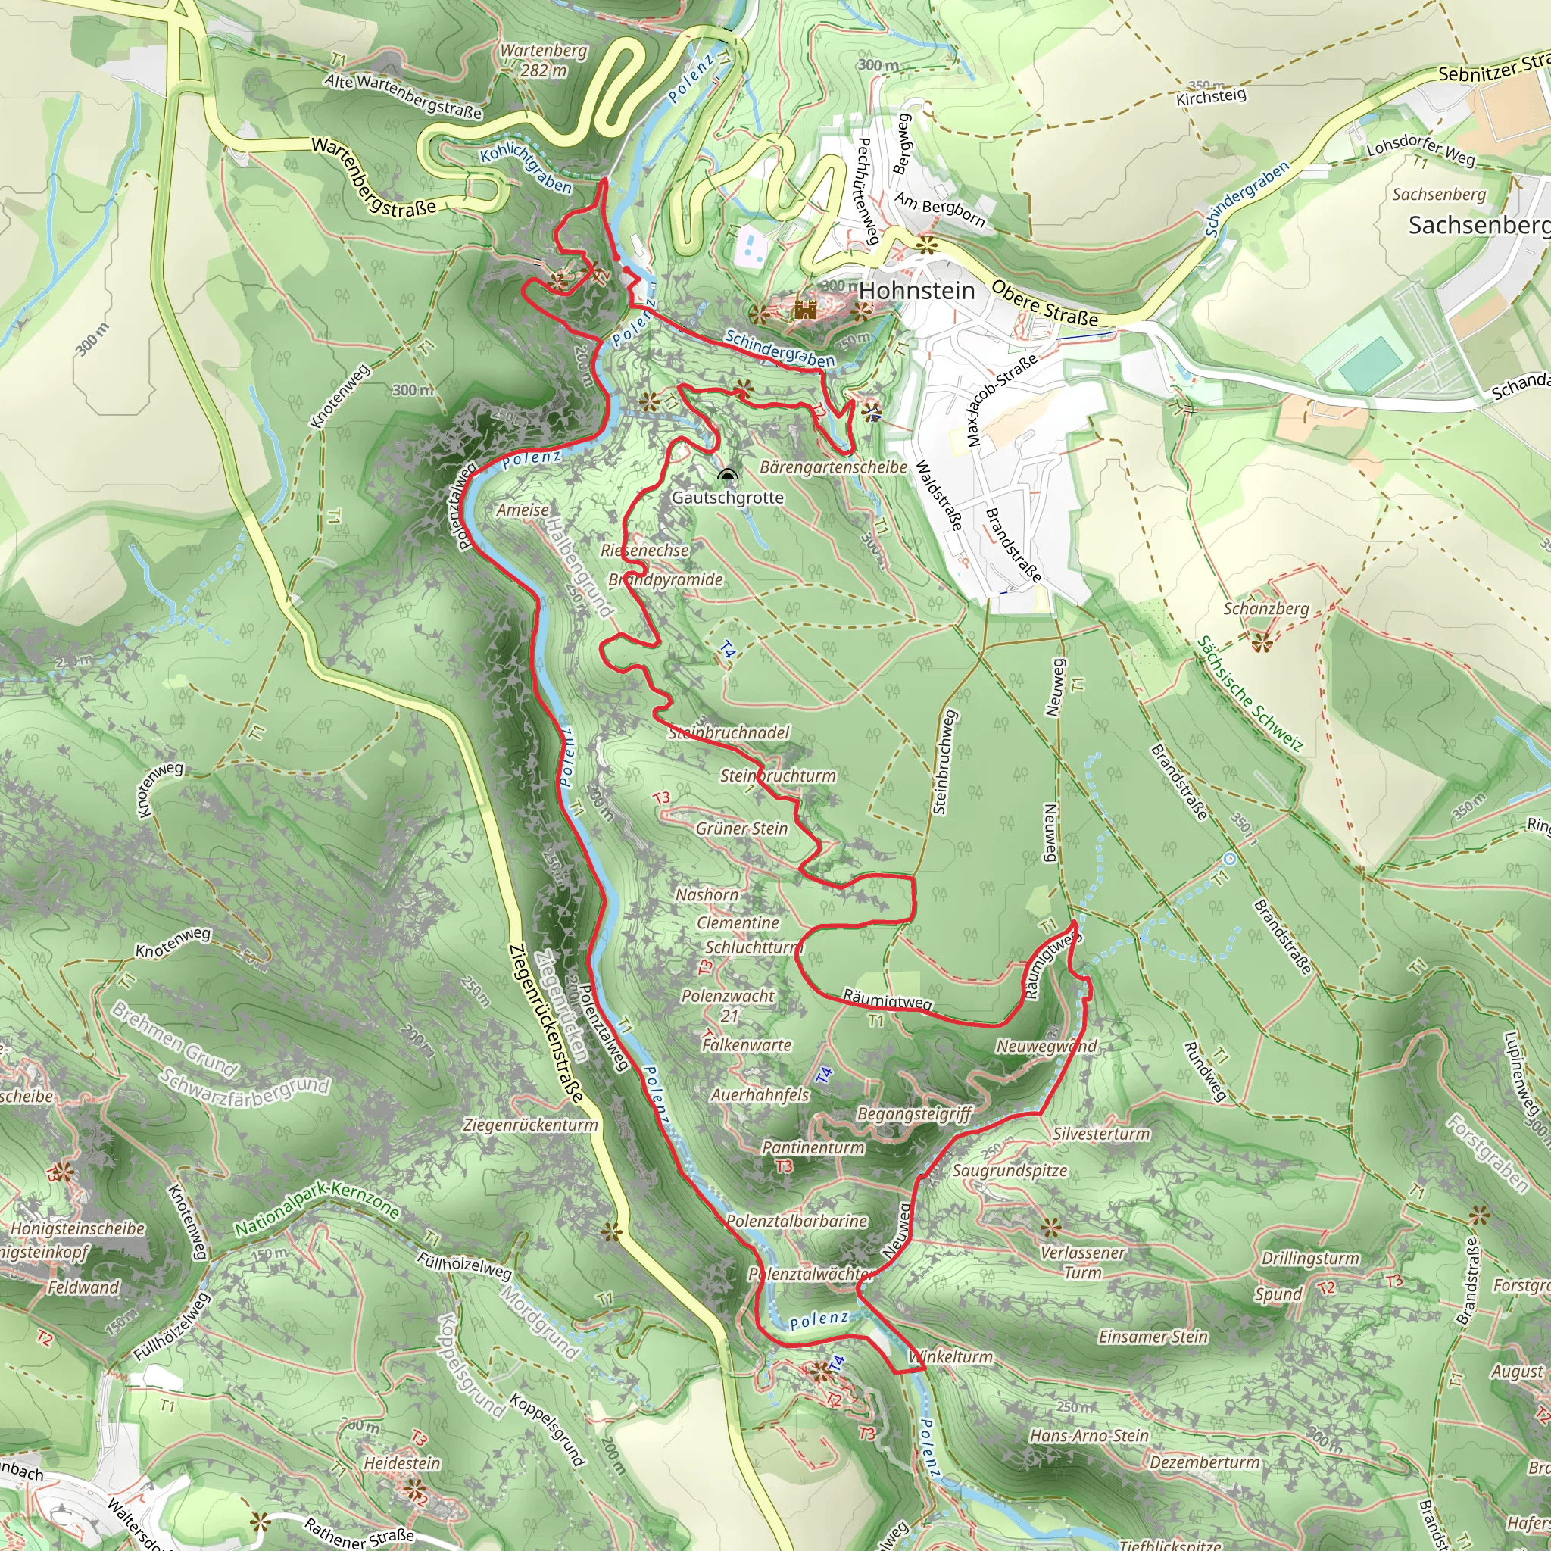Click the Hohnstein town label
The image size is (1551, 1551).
(917, 291)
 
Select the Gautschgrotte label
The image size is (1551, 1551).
(727, 498)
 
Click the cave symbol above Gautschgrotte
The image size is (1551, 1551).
(727, 476)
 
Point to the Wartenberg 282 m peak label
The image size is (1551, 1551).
(544, 61)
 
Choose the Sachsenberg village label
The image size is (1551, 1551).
(1479, 226)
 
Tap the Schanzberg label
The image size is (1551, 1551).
(1266, 609)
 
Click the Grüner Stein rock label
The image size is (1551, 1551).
(741, 829)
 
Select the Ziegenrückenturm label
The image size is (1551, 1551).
(531, 1125)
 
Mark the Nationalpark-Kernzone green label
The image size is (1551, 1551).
(317, 1209)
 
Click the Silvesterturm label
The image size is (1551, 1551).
(1101, 1134)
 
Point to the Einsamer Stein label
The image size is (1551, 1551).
(1153, 1337)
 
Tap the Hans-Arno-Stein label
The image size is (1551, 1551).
(1089, 1435)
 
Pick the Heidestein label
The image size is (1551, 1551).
(402, 1463)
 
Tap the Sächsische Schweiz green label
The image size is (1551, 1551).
(1249, 694)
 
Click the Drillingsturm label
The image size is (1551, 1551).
(1310, 1258)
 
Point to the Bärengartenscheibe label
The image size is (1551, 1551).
(833, 467)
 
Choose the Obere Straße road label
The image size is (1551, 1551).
(1044, 303)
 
